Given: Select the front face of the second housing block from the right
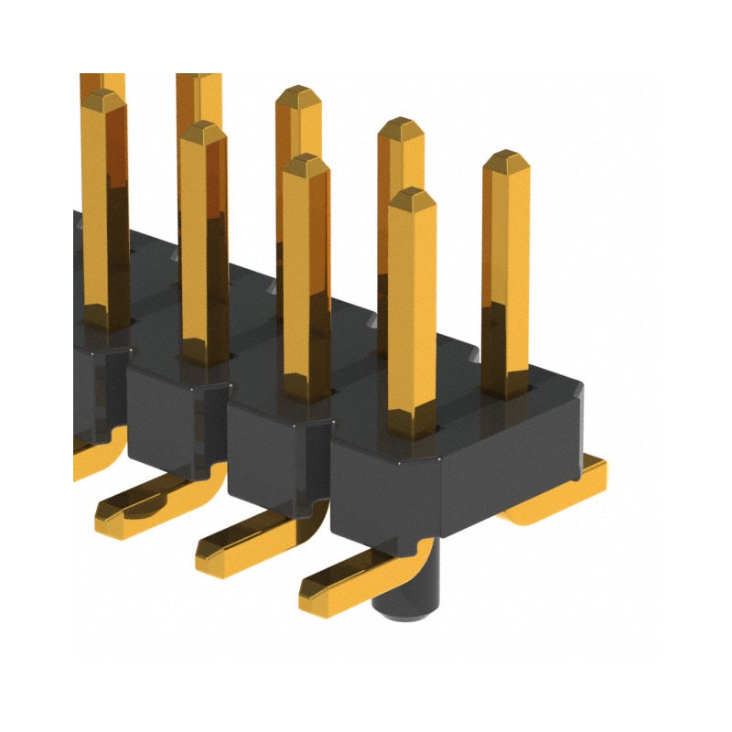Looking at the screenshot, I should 274,457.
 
